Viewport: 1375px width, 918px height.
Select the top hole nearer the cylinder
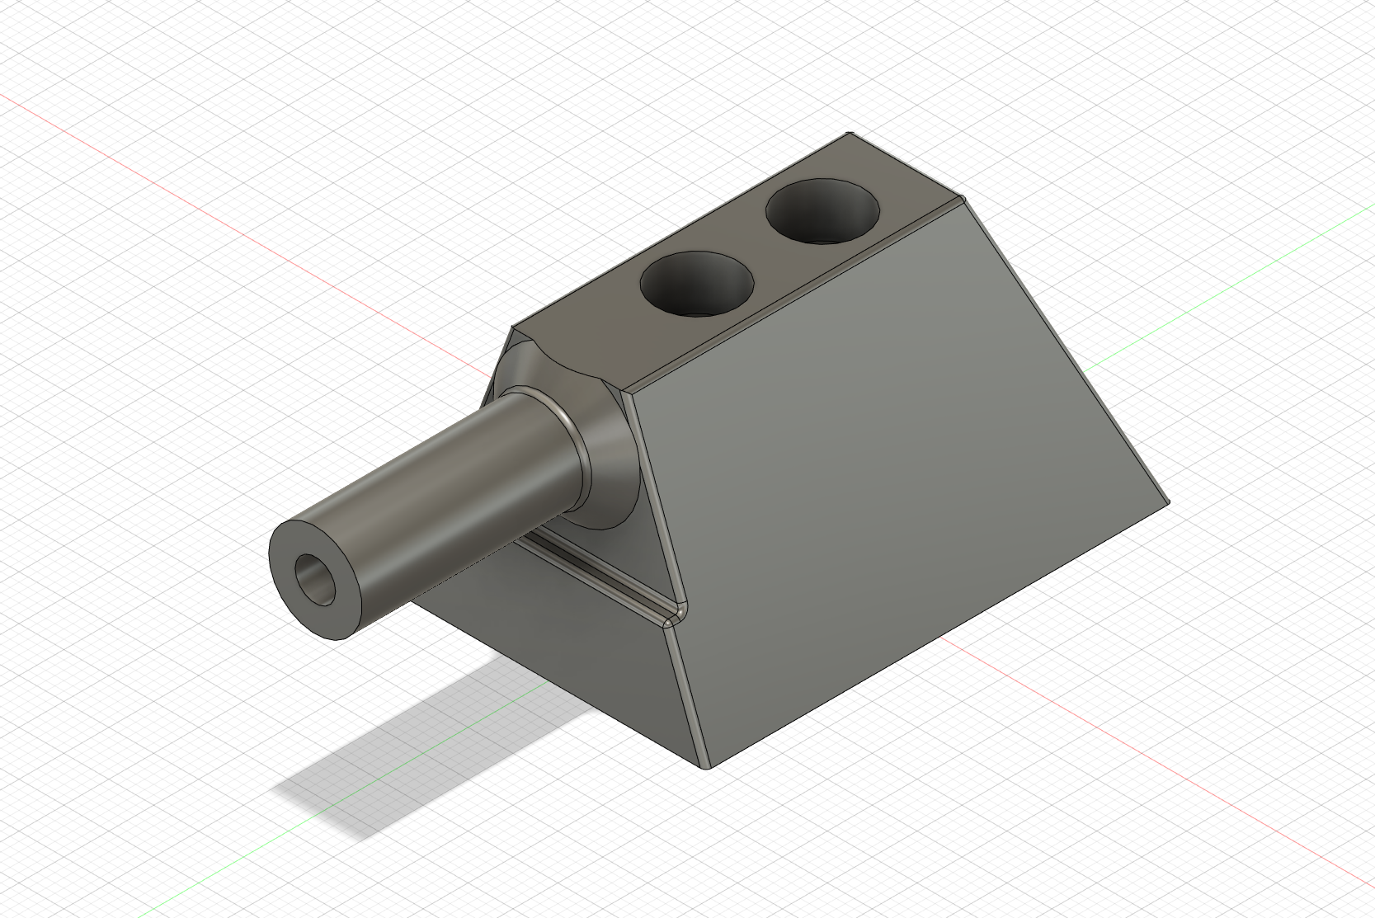coord(698,284)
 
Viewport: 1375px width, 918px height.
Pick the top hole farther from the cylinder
coord(822,211)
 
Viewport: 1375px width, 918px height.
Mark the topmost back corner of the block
coord(850,134)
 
